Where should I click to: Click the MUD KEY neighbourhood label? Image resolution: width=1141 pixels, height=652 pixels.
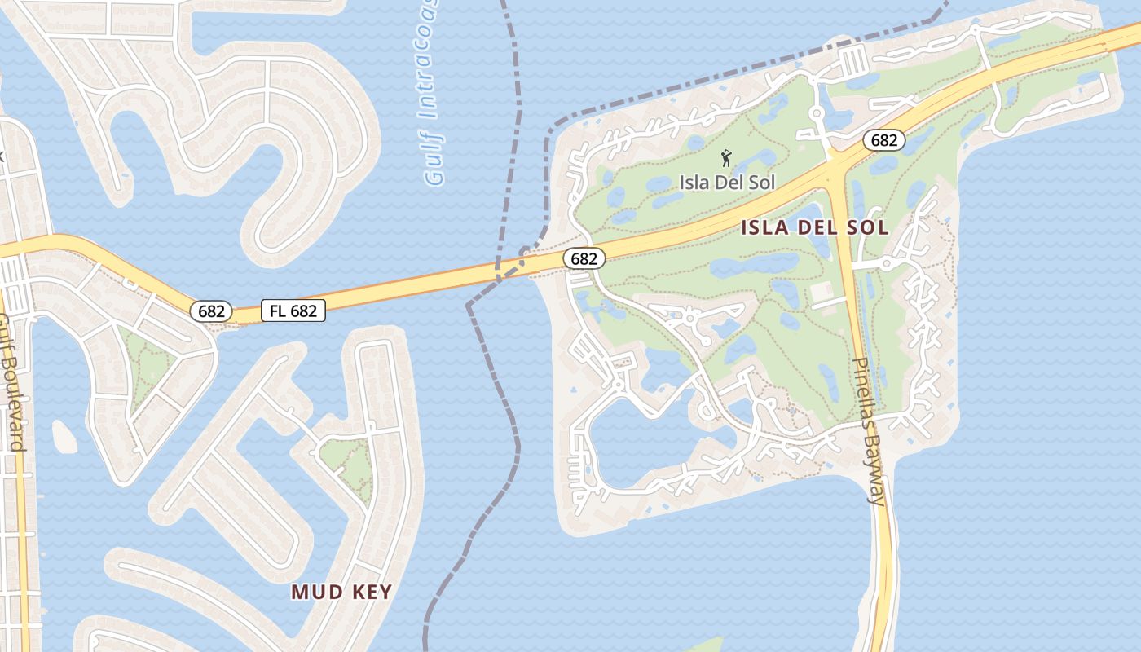point(341,592)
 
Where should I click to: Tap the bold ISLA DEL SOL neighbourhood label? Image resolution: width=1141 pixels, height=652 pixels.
point(814,227)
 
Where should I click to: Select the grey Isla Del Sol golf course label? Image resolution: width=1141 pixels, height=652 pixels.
point(727,182)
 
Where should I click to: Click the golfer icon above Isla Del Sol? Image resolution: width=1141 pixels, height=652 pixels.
point(726,157)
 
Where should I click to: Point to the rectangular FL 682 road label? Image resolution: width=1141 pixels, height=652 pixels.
point(293,310)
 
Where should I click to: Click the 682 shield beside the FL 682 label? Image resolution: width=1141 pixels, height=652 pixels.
point(212,311)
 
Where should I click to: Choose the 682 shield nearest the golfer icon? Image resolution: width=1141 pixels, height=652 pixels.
point(883,140)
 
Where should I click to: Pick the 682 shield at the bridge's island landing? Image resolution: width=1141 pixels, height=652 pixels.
point(584,259)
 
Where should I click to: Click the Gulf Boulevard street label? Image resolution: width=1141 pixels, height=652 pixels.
point(11,383)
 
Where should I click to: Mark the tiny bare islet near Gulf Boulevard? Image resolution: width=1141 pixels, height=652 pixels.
point(64,437)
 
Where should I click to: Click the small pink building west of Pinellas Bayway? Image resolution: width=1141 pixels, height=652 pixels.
point(821,290)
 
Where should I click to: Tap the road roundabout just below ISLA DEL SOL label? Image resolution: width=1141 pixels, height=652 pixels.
point(887,262)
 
